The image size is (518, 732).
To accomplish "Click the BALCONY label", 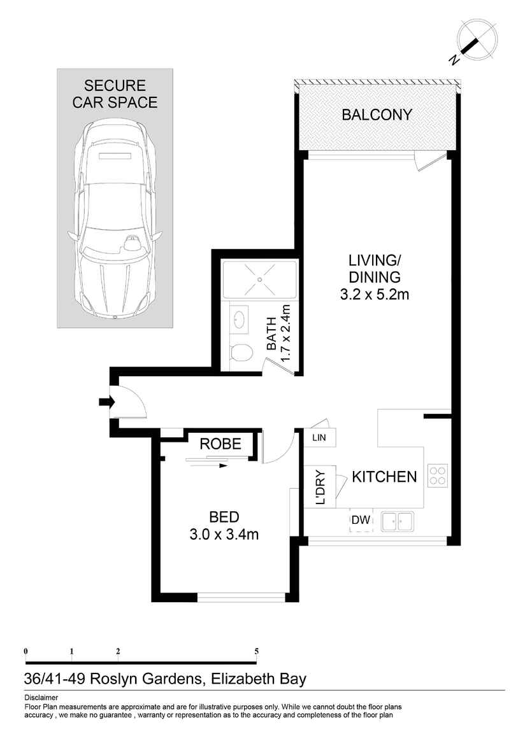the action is (x=377, y=115).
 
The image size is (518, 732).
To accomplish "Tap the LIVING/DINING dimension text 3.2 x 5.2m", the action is (x=375, y=295).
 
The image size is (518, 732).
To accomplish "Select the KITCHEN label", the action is (x=384, y=477).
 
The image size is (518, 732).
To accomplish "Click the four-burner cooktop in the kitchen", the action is (x=438, y=475).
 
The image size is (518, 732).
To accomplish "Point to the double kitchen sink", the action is (x=397, y=521).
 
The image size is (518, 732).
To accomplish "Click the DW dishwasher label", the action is (x=361, y=519).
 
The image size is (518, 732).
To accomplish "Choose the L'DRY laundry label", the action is (x=320, y=487).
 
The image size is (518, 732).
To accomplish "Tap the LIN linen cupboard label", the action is (x=319, y=438).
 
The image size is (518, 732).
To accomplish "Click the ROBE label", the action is (x=220, y=444).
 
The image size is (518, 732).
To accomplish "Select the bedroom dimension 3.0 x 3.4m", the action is (x=224, y=534).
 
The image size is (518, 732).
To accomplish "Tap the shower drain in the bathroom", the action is (x=260, y=279).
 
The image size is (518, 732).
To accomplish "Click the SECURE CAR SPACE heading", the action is (x=115, y=94).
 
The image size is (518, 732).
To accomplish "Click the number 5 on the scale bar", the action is (x=256, y=651).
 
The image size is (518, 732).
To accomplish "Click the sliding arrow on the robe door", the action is (x=206, y=465).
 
